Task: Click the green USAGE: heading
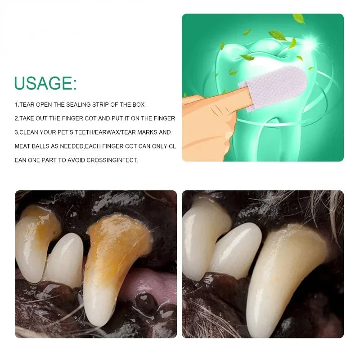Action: coord(45,83)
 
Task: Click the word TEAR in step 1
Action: coord(27,105)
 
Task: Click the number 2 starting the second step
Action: coord(16,118)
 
